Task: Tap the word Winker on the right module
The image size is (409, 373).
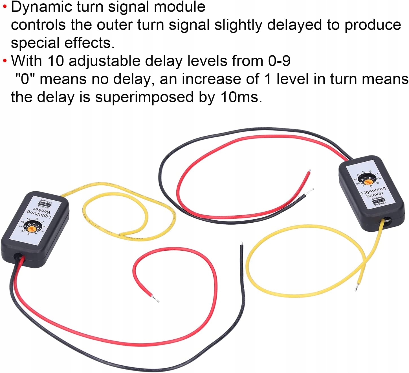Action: coord(375,194)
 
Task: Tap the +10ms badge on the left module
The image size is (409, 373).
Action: coord(44,203)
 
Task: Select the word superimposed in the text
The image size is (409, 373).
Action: coord(144,97)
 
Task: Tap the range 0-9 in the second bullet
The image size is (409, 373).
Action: coord(279,61)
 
